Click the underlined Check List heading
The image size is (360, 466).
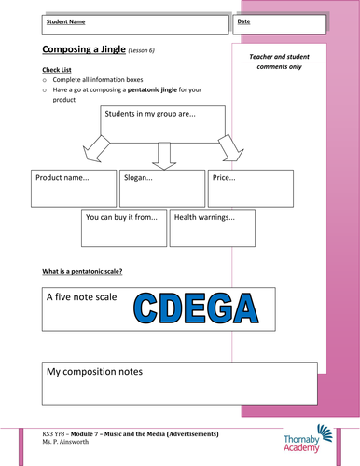[x=59, y=69]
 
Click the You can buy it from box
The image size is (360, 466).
[x=126, y=227]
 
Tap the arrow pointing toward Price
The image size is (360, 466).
[x=226, y=146]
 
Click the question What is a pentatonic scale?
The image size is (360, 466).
[x=83, y=271]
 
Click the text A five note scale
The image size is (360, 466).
[x=81, y=299]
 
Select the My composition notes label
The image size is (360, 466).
[x=102, y=372]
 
